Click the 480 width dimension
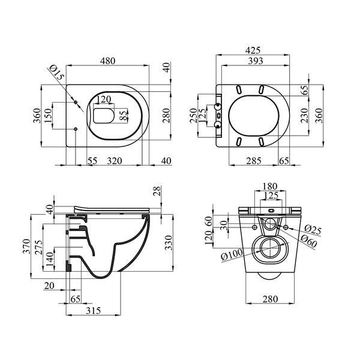click(107, 61)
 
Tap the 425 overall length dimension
click(253, 50)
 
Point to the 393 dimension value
click(256, 61)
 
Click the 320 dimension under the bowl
click(115, 161)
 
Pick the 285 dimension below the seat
click(254, 161)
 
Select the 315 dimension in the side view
click(93, 311)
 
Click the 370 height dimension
click(26, 247)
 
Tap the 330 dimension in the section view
click(169, 242)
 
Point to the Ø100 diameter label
click(232, 254)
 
